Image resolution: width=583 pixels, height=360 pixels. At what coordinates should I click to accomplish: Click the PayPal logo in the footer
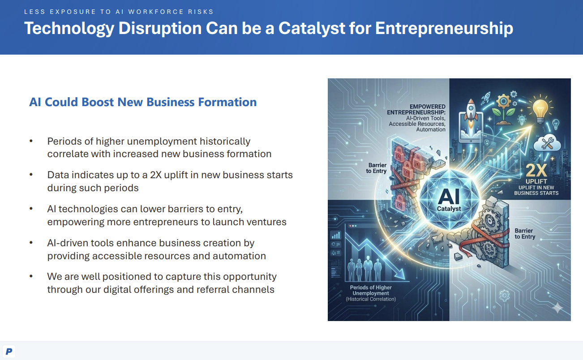point(9,351)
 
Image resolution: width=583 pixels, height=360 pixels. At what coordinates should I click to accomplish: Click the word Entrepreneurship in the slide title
point(444,28)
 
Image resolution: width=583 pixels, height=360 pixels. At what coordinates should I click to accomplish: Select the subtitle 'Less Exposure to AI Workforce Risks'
point(119,12)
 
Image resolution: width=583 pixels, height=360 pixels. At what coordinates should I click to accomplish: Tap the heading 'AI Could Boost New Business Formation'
point(143,102)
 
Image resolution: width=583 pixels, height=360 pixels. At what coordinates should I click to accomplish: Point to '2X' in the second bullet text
point(156,175)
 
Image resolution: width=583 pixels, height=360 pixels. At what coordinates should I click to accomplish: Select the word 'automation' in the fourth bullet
point(239,256)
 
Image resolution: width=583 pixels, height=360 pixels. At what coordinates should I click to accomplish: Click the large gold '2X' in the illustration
point(536,171)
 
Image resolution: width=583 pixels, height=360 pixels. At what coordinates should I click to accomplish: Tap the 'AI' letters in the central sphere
point(449,197)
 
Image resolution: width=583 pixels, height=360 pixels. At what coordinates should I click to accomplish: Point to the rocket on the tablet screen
point(471,114)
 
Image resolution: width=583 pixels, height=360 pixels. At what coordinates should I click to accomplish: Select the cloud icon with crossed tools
point(547,143)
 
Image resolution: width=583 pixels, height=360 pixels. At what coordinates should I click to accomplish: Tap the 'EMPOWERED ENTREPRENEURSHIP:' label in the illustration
point(416,109)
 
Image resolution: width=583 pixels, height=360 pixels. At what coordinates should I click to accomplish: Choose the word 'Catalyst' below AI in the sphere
point(449,209)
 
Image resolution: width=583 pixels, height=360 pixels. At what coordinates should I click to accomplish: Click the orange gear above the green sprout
point(503,101)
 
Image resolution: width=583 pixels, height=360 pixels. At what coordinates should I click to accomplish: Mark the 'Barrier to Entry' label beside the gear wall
point(525,233)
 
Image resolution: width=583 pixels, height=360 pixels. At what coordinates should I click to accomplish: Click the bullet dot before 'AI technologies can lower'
point(31,209)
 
